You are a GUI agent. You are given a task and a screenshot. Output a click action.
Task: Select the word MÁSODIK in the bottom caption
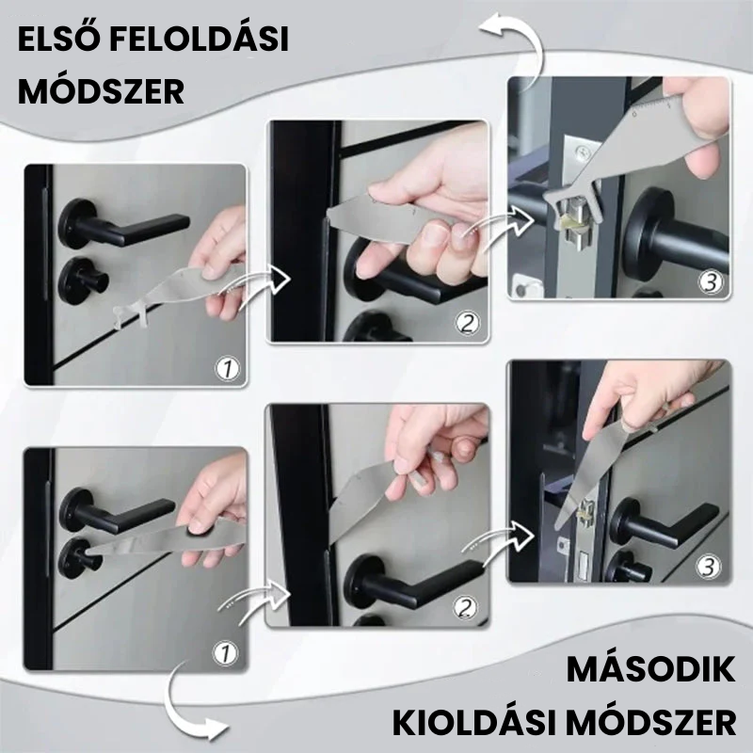tap(650, 669)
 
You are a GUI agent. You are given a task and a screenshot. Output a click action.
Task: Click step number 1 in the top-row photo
tap(227, 369)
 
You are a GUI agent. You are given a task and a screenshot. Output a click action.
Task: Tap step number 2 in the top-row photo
tap(467, 323)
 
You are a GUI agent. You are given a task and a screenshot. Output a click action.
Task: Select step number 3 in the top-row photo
tap(711, 282)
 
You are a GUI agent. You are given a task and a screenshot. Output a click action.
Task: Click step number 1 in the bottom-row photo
tap(225, 652)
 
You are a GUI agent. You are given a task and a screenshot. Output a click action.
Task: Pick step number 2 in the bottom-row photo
tap(465, 607)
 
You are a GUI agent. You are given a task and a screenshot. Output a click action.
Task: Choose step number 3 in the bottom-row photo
tap(709, 567)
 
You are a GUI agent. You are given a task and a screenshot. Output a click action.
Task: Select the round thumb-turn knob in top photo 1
tap(83, 280)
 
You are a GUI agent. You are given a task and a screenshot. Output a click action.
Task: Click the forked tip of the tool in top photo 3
tap(562, 201)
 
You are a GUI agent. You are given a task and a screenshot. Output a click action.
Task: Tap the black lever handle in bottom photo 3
tap(665, 523)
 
